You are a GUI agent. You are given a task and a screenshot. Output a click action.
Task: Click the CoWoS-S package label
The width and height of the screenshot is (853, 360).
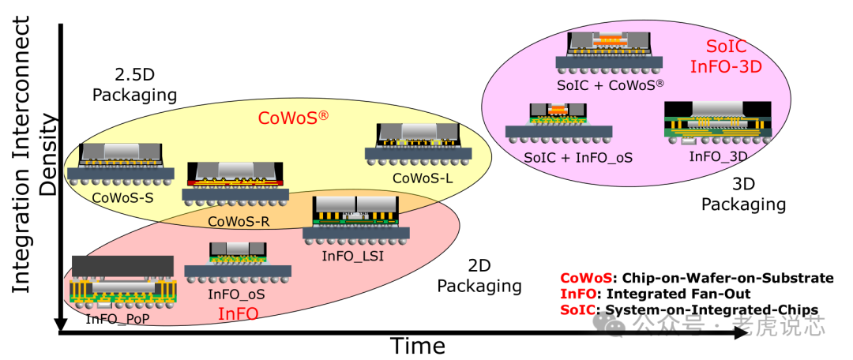pyautogui.click(x=122, y=197)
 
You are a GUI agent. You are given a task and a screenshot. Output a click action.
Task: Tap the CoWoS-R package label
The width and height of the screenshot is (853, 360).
pyautogui.click(x=239, y=222)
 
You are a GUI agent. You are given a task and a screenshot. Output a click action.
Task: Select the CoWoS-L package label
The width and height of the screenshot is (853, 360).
pyautogui.click(x=423, y=179)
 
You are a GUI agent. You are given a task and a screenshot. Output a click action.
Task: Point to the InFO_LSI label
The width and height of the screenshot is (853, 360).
pyautogui.click(x=353, y=256)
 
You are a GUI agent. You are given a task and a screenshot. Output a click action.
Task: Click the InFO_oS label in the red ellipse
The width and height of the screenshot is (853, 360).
pyautogui.click(x=236, y=294)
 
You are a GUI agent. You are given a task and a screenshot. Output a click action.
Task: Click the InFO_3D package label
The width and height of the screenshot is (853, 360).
pyautogui.click(x=717, y=156)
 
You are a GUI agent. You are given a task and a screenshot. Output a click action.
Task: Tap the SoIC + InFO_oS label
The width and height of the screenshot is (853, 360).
pyautogui.click(x=579, y=158)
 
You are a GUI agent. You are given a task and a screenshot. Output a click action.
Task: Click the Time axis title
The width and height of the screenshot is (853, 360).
pyautogui.click(x=417, y=346)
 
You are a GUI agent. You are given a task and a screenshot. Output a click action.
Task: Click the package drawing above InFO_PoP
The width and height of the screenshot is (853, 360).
pyautogui.click(x=122, y=280)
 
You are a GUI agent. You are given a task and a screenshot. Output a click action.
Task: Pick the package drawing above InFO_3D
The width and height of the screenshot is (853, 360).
pyautogui.click(x=717, y=123)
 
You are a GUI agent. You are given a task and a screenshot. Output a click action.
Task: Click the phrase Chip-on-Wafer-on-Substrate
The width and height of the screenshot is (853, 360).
pyautogui.click(x=727, y=278)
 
